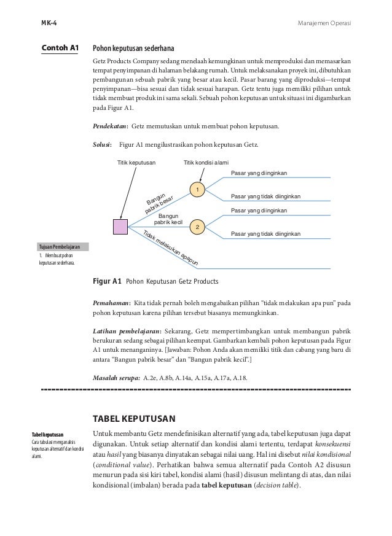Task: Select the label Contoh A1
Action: tap(60, 47)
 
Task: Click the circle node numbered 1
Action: tap(197, 190)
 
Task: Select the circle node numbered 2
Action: tap(197, 227)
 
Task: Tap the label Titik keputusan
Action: tap(136, 163)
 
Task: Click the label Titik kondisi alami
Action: tap(206, 163)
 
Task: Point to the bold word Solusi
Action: tap(101, 146)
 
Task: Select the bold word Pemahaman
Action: tap(111, 303)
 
